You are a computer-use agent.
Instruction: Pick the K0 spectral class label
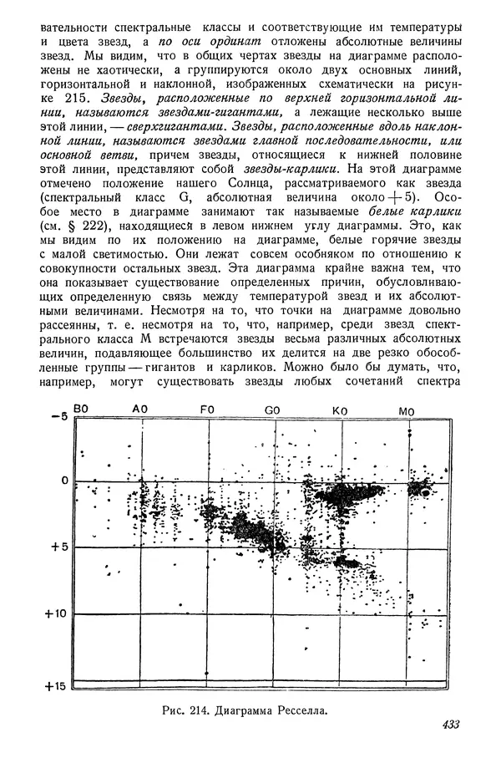[340, 410]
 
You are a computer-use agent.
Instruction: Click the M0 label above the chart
[407, 410]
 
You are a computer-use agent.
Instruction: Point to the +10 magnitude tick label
[54, 614]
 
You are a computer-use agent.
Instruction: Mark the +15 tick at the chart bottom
[54, 686]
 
